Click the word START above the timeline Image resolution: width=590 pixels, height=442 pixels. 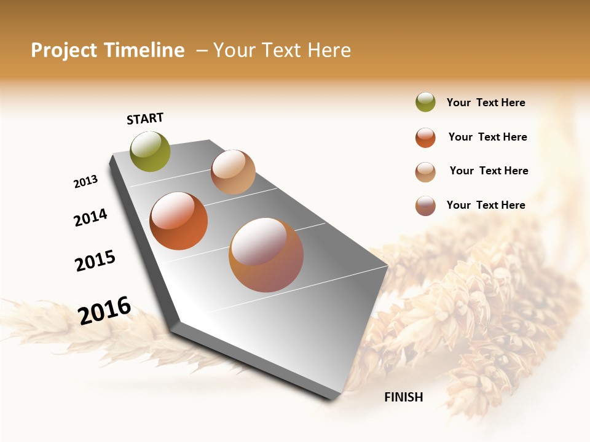pos(145,118)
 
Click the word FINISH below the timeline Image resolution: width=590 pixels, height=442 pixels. pos(404,397)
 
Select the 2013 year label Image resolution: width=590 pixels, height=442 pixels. pos(85,182)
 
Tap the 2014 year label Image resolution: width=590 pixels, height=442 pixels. pos(90,217)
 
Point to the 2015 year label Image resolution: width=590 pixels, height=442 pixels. pos(95,261)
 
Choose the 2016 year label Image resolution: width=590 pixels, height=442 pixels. pos(104,310)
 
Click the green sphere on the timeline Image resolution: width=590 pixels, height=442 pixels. pos(151,152)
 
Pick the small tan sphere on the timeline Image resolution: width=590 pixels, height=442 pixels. pos(233,172)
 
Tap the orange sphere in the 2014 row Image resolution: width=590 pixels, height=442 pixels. pos(179,221)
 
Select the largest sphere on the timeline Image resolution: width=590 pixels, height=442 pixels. pos(266,255)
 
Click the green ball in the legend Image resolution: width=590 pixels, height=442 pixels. pos(425,103)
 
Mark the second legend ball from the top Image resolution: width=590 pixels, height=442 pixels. pos(425,138)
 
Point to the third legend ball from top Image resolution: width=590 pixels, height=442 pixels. pos(425,172)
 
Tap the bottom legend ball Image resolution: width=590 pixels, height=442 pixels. pos(425,206)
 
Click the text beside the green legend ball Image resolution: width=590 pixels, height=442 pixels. pos(486,103)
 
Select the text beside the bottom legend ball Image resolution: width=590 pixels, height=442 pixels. pos(486,205)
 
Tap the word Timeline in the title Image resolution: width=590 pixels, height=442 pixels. pos(146,50)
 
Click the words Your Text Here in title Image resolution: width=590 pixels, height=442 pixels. pos(282,50)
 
